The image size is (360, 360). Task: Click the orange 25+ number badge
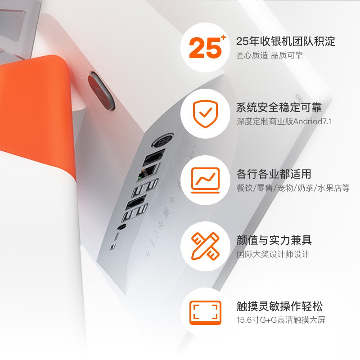tap(207, 47)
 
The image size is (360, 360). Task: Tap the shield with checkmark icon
tap(205, 114)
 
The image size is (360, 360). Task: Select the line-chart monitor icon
tap(205, 180)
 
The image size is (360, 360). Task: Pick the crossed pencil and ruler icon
tap(205, 246)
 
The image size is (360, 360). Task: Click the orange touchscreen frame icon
tap(205, 313)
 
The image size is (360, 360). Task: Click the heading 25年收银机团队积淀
tap(285, 41)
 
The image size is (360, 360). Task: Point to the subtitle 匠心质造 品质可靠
tap(270, 55)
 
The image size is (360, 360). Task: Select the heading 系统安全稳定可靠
tap(279, 108)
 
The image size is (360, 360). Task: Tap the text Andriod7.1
tap(312, 121)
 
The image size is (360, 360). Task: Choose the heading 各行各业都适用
tap(274, 174)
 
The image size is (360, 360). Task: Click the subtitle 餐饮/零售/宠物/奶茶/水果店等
tap(293, 188)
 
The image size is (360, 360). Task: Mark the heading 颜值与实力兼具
tap(274, 240)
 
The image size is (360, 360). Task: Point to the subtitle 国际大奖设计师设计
tap(273, 254)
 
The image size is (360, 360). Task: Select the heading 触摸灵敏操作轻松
tap(279, 306)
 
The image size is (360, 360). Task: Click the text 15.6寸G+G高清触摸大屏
tap(281, 320)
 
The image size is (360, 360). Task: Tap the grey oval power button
tap(101, 91)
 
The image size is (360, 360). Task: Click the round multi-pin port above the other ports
tap(162, 140)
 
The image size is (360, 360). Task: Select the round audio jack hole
tap(121, 227)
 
